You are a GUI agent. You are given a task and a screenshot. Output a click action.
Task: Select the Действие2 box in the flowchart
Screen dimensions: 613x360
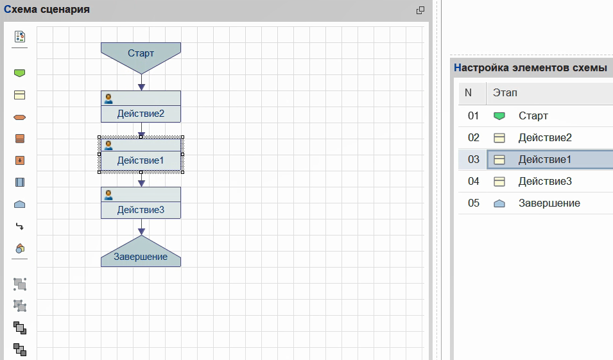point(141,107)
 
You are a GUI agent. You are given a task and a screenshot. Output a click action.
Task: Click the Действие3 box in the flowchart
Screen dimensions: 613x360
point(141,203)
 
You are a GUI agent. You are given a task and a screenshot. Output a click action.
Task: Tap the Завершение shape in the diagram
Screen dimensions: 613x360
point(141,254)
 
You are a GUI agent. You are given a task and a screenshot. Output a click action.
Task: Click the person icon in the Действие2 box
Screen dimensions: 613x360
point(108,98)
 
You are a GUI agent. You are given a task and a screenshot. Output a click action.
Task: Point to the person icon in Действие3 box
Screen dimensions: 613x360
point(108,194)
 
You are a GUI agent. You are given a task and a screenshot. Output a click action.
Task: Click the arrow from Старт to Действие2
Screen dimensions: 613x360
point(141,83)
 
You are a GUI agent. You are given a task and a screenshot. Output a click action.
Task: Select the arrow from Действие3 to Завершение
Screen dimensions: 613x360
point(141,227)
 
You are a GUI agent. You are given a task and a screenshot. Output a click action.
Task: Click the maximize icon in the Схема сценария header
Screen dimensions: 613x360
point(420,10)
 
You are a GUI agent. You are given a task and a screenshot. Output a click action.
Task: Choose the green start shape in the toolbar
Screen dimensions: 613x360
point(19,73)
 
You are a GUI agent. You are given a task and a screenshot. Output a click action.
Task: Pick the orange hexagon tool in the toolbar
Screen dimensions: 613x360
point(19,117)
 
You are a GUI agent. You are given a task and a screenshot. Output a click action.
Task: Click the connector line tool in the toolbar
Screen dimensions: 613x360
point(19,227)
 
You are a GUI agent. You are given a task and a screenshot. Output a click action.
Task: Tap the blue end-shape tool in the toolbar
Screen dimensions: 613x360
point(19,205)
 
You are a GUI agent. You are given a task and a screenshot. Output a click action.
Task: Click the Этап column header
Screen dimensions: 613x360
point(505,92)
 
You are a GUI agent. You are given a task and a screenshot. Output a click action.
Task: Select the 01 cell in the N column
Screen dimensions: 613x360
point(473,116)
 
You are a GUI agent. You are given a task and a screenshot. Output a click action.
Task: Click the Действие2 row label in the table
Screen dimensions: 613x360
point(545,137)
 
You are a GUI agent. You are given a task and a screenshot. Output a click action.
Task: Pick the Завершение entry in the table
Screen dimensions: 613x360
point(549,203)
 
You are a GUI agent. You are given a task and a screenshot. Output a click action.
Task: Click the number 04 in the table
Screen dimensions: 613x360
point(474,182)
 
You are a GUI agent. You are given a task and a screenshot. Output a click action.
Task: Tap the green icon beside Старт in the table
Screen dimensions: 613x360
point(499,116)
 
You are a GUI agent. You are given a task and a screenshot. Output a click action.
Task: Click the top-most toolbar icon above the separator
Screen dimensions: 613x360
point(20,37)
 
